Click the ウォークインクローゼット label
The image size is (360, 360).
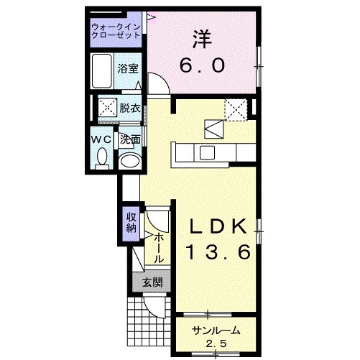click(116, 31)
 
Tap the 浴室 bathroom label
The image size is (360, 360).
click(128, 69)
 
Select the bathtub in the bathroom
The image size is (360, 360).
click(102, 71)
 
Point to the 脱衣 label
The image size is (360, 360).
click(130, 109)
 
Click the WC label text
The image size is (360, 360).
click(102, 139)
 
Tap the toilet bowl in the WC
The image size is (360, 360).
click(102, 157)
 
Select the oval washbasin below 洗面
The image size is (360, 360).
click(130, 160)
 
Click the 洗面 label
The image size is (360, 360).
click(130, 139)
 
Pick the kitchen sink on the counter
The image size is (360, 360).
click(207, 152)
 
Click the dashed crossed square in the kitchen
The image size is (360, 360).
click(236, 110)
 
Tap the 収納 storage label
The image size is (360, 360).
click(131, 223)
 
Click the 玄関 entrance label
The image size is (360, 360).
click(152, 282)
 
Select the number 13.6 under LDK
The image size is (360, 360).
click(218, 252)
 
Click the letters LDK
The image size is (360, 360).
click(218, 226)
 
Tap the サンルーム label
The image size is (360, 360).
click(216, 331)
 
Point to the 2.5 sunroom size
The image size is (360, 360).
click(216, 344)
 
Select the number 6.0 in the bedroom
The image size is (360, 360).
click(203, 65)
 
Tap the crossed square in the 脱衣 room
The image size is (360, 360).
click(108, 107)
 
